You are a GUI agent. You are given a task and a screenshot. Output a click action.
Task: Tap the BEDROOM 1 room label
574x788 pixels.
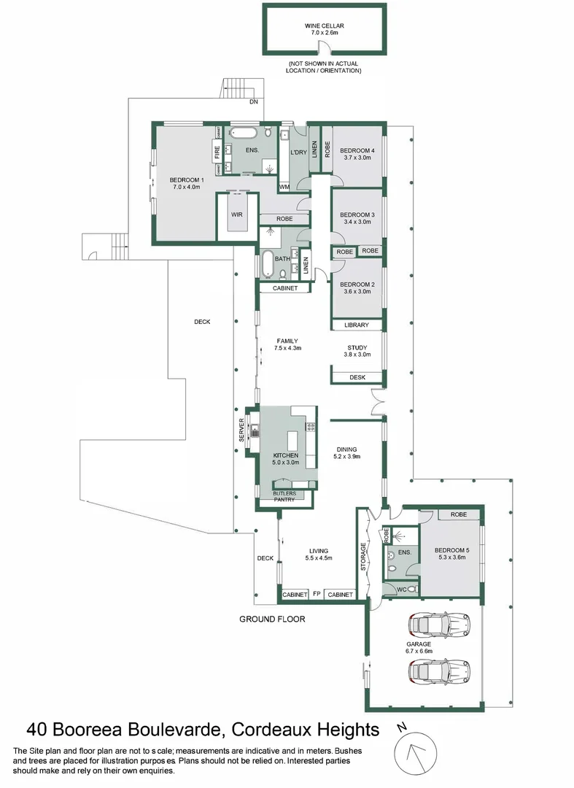(x=187, y=183)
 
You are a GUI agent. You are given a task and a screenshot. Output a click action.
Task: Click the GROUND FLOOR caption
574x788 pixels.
(x=272, y=619)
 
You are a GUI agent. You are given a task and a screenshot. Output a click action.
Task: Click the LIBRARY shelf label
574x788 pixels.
(x=357, y=325)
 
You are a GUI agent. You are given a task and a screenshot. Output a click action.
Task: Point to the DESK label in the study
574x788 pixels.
(x=357, y=377)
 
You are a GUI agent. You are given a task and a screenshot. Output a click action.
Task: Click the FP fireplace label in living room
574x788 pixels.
(x=317, y=595)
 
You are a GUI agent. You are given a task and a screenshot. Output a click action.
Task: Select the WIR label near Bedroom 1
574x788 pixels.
(x=237, y=215)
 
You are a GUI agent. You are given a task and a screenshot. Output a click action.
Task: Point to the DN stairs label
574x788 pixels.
(x=253, y=102)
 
